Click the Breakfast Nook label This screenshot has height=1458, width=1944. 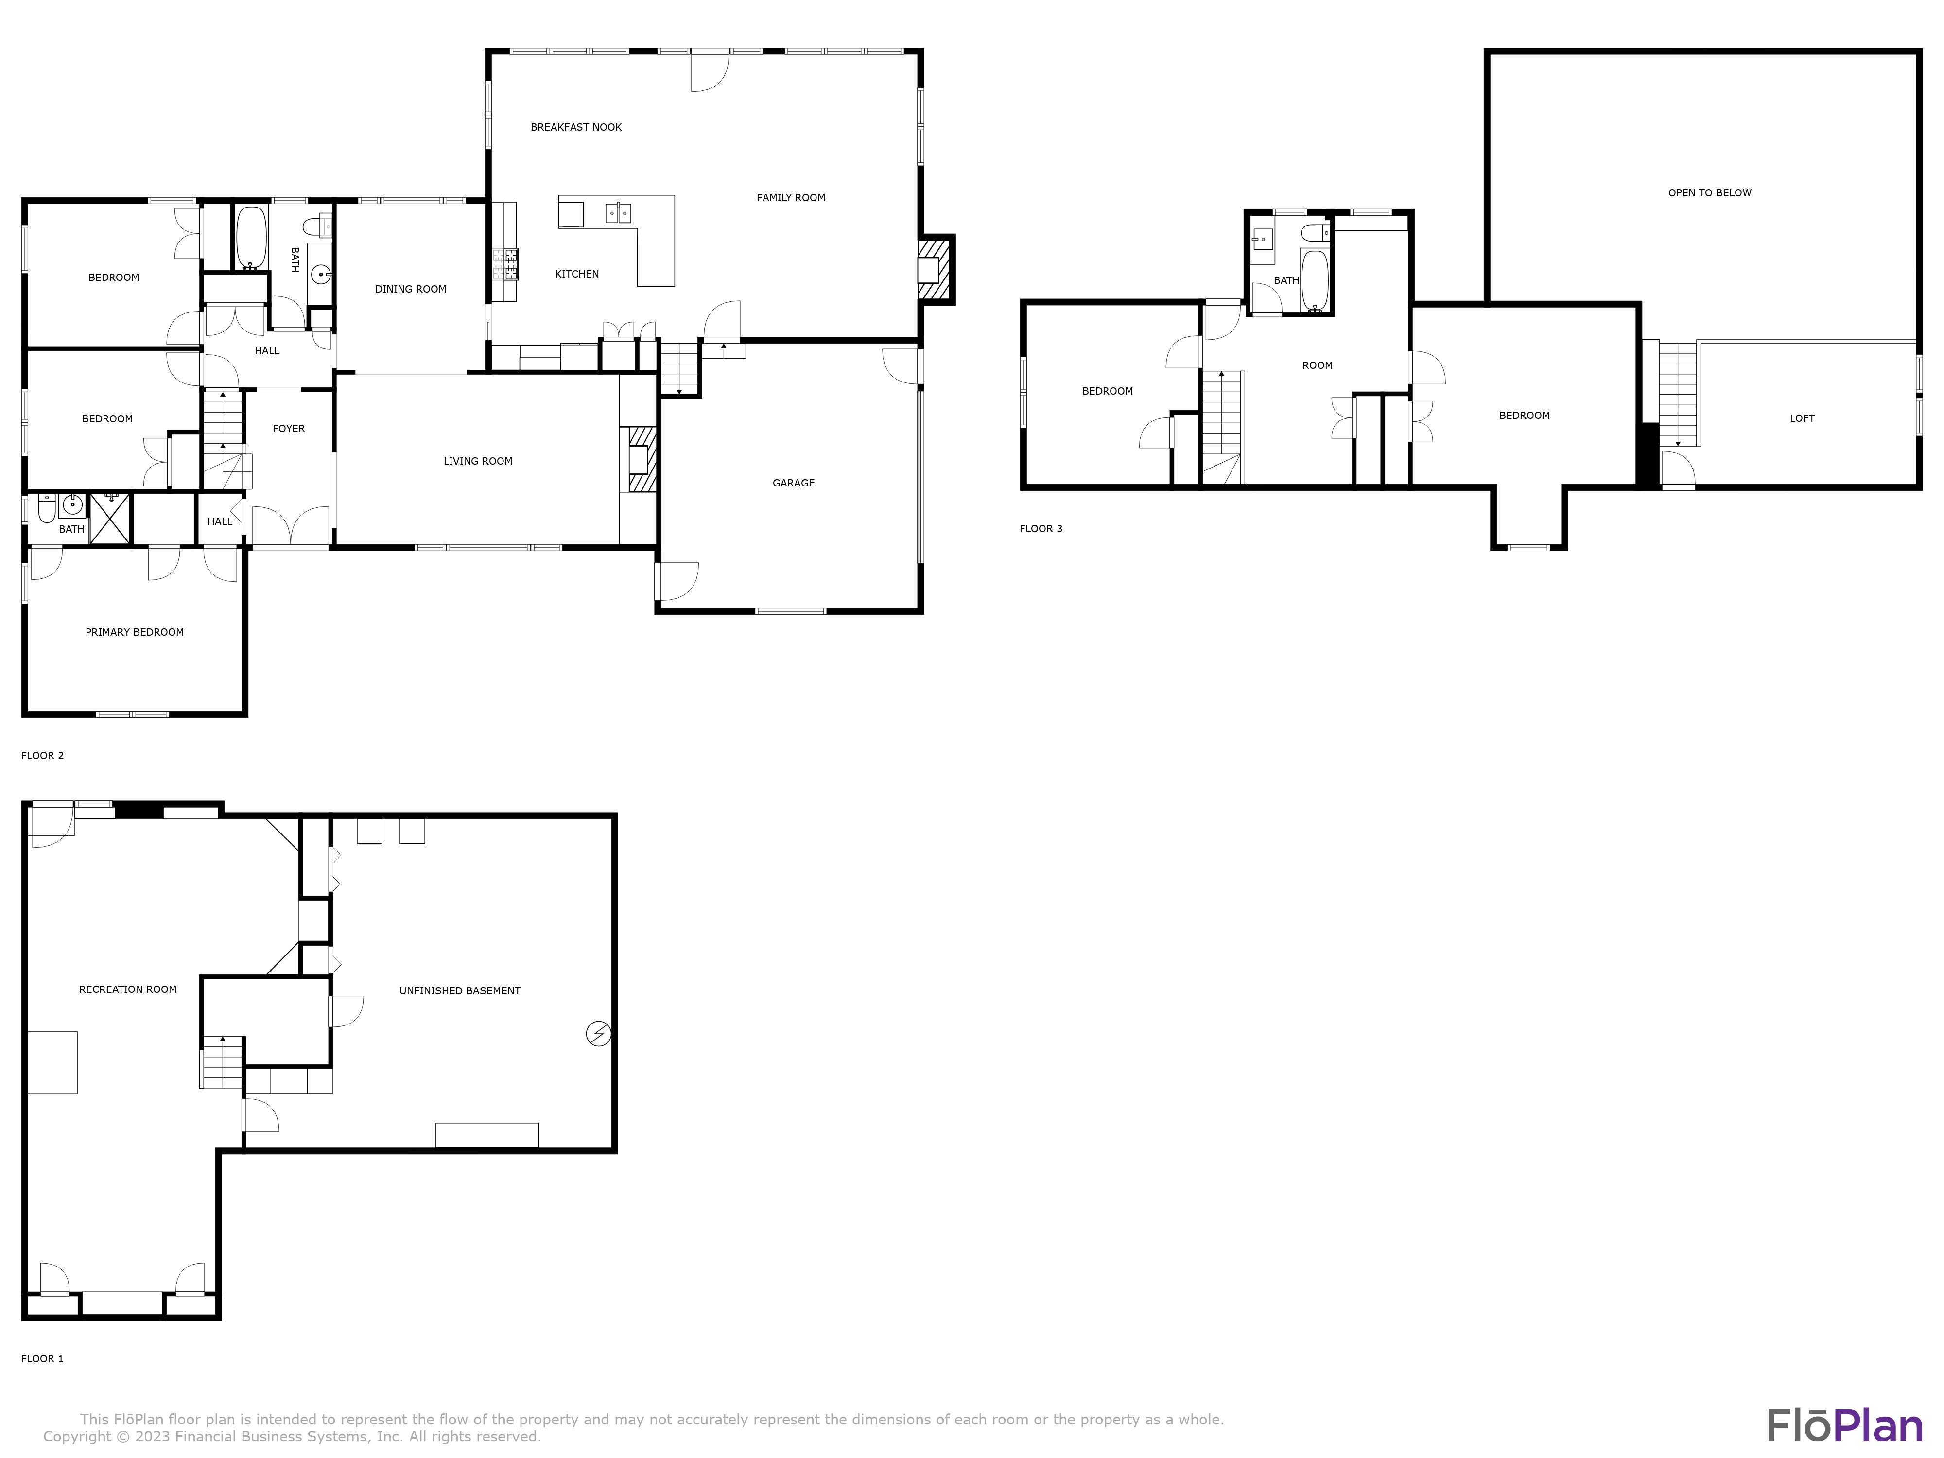coord(575,127)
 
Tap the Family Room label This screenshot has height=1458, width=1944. coord(790,198)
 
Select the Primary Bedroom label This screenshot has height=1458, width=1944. coord(135,632)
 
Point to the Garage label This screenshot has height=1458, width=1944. coord(793,483)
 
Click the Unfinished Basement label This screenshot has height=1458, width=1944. coord(460,990)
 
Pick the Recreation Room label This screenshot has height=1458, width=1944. coord(127,989)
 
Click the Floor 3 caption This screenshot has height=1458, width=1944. coord(1041,528)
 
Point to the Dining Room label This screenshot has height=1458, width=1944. coord(410,289)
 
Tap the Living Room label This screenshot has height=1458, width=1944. coord(477,461)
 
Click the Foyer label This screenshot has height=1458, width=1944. coord(288,429)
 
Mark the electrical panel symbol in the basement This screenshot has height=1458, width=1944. coord(598,1034)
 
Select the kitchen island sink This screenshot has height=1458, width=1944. coord(618,212)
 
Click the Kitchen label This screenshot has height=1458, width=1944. coord(576,274)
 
